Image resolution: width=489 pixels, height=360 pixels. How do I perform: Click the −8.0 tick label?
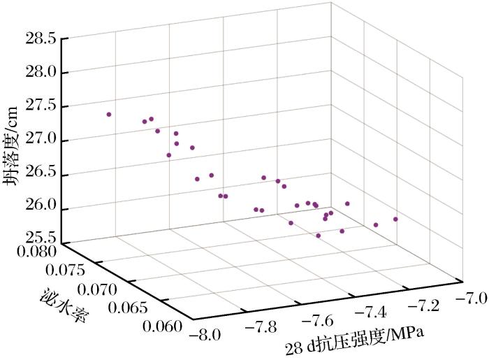point(214,333)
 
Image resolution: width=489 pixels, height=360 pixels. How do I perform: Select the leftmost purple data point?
point(109,114)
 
